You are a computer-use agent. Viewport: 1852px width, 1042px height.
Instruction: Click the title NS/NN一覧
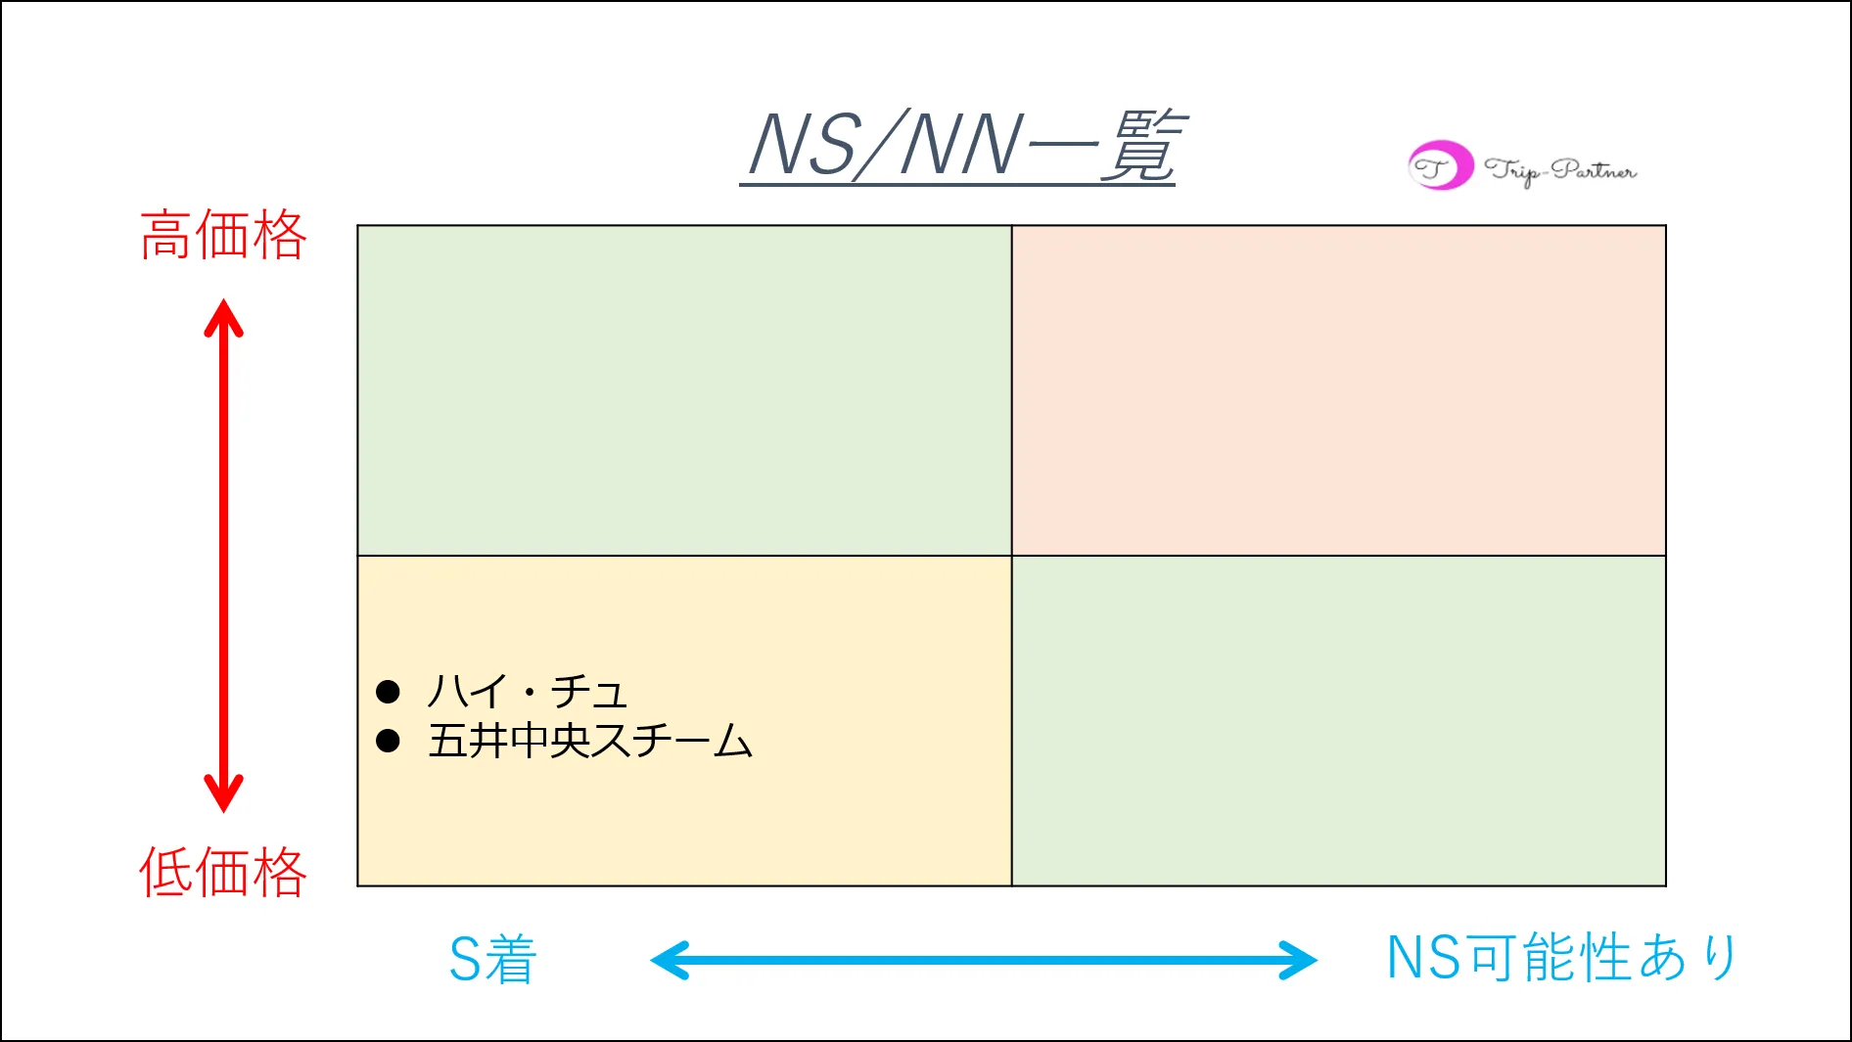(959, 146)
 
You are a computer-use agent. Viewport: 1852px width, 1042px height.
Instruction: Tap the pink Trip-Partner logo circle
(1439, 166)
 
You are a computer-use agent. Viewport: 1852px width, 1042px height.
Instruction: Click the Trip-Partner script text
(1559, 170)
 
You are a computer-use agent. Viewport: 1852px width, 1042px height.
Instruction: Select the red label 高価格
(223, 236)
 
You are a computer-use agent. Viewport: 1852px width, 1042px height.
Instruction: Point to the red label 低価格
(223, 872)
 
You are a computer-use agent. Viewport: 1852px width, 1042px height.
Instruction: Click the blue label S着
(492, 959)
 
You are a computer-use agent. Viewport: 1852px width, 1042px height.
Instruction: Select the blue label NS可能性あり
(1561, 957)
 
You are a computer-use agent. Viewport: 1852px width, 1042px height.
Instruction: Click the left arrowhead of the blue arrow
(668, 960)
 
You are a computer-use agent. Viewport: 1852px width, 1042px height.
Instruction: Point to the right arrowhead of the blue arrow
(1300, 960)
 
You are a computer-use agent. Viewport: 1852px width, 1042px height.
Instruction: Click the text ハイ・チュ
(527, 692)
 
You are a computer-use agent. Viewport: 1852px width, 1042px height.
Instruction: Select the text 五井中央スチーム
(589, 741)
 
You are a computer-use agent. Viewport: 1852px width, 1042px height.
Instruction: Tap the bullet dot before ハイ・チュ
(388, 692)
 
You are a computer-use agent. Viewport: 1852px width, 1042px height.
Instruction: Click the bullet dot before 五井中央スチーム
(388, 741)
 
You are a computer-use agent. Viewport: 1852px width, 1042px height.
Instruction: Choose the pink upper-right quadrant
(1338, 390)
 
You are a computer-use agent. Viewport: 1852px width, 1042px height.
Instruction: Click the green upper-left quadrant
(684, 390)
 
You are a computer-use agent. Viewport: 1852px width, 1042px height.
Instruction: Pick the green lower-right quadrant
(1338, 721)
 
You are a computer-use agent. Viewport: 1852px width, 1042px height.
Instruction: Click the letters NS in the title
(804, 146)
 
